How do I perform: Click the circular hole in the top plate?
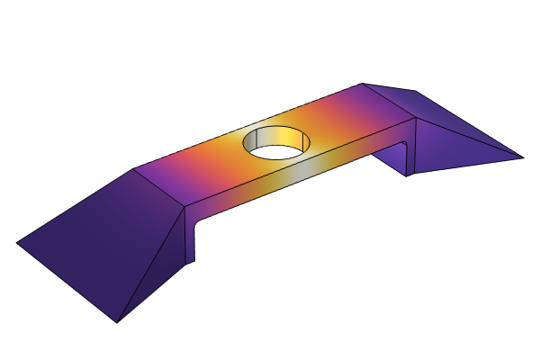click(276, 144)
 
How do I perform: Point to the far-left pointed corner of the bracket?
click(18, 242)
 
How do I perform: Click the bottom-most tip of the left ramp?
click(117, 321)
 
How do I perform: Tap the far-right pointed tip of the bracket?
click(521, 157)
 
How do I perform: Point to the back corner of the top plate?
click(363, 85)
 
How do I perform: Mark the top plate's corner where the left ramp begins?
click(134, 168)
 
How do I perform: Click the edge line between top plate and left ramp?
click(159, 187)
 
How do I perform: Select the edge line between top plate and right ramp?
click(389, 101)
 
